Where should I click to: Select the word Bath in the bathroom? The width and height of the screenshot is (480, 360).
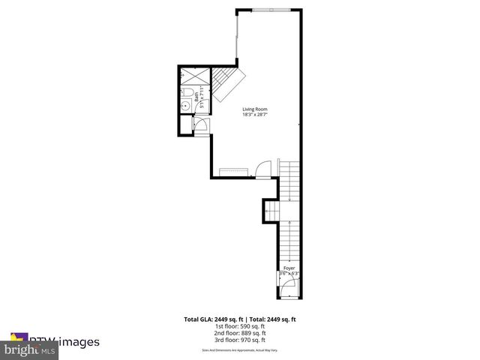(x=196, y=96)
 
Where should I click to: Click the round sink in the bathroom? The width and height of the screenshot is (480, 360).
(x=184, y=106)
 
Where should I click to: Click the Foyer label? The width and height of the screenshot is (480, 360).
(x=289, y=268)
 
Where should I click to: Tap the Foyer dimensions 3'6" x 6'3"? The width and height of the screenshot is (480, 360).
(x=289, y=274)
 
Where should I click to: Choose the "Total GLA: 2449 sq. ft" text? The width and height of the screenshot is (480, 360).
(x=211, y=319)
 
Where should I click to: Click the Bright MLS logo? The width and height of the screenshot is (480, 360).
(x=30, y=349)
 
